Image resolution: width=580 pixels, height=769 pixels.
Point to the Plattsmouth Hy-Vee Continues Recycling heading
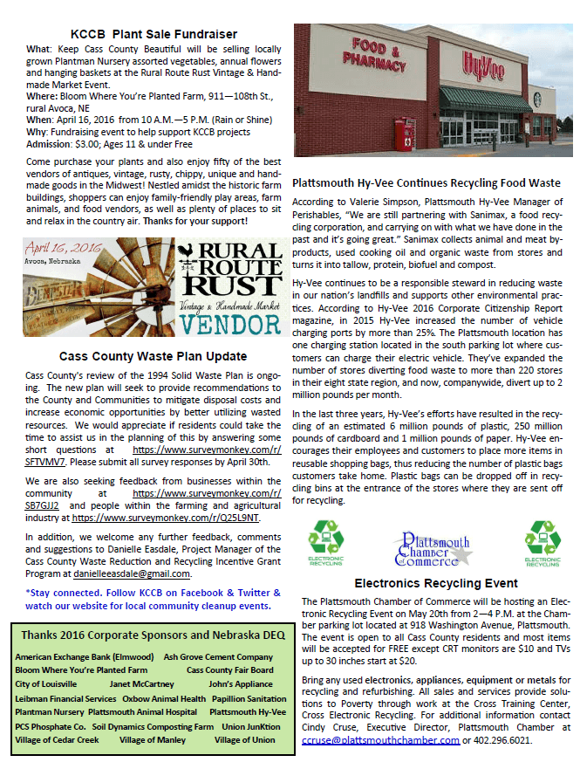click(426, 184)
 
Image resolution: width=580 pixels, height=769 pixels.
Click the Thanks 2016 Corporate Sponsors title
click(148, 635)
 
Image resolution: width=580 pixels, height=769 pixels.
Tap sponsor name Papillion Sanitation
click(249, 698)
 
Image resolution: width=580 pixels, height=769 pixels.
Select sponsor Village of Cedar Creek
click(57, 739)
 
